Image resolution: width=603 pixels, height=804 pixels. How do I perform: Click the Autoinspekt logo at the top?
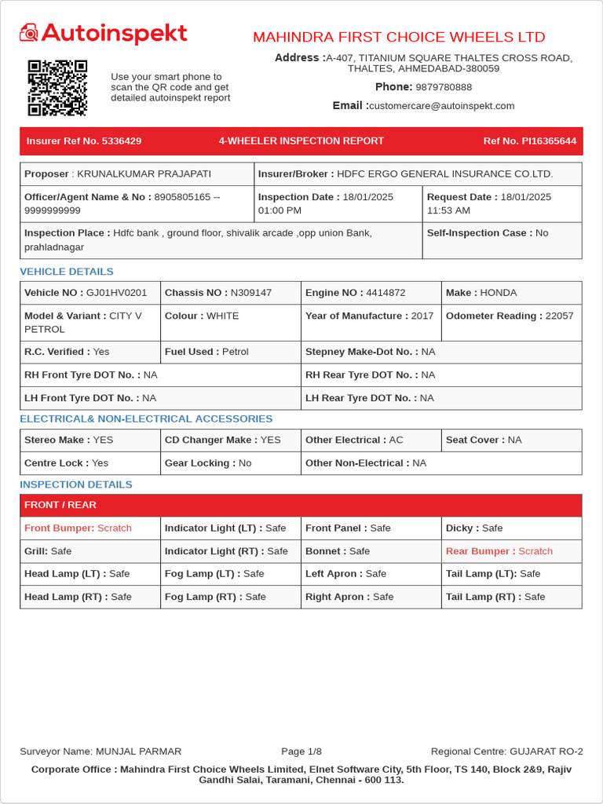pos(104,33)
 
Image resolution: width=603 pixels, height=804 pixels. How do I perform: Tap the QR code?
pos(57,88)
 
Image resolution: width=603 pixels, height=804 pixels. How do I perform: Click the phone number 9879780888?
pos(444,87)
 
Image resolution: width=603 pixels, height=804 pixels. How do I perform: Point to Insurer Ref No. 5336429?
pos(84,141)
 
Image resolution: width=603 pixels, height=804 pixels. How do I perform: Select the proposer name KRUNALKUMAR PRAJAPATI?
pos(143,174)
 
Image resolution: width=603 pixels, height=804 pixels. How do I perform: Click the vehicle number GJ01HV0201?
pos(116,293)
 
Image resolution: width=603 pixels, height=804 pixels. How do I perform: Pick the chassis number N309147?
pos(250,293)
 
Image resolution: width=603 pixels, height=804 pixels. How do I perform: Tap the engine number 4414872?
pos(386,293)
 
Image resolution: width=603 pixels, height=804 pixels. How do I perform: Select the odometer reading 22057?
pos(559,316)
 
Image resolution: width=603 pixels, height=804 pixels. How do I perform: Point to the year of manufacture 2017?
pos(422,316)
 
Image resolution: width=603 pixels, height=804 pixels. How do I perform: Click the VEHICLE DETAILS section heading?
pos(67,272)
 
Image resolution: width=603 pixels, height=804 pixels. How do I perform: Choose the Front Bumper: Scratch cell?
pos(79,528)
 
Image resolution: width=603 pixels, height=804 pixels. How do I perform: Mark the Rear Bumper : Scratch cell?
pos(499,551)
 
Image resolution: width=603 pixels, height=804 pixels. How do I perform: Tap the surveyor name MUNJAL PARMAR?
pos(138,751)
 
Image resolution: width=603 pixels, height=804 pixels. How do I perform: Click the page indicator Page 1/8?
pos(301,751)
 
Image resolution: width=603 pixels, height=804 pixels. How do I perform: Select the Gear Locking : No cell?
pos(208,463)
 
